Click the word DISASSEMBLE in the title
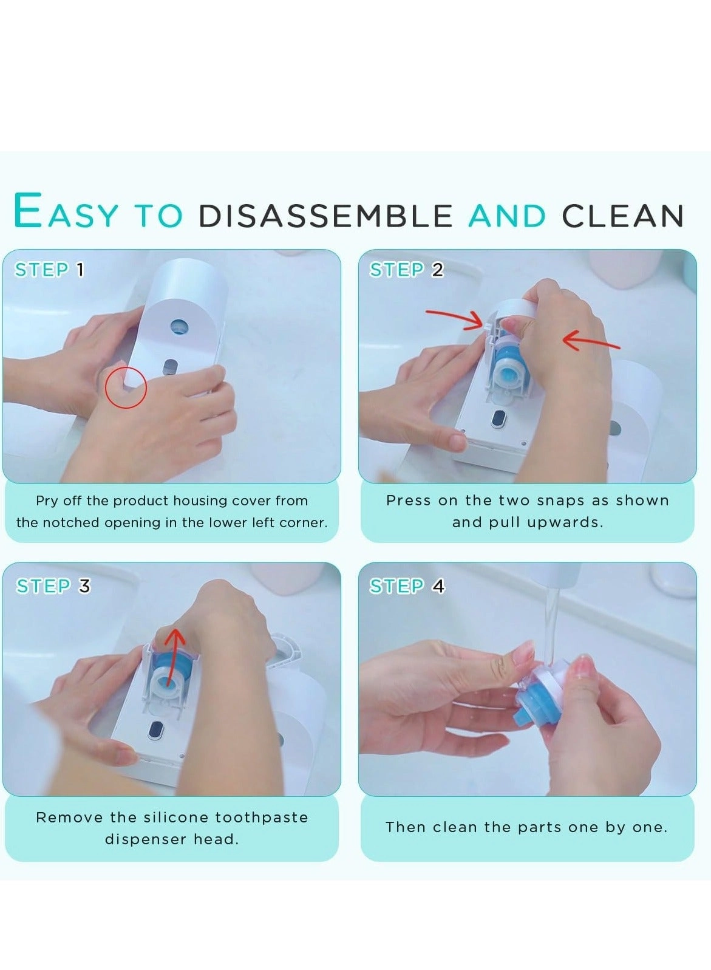(x=325, y=216)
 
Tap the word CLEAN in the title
(x=622, y=216)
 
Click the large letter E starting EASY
(x=28, y=211)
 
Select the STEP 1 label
(x=49, y=270)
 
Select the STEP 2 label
(x=406, y=270)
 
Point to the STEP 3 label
(x=53, y=586)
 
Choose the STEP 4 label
(x=407, y=586)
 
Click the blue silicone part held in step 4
(x=534, y=698)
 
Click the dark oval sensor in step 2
(x=499, y=418)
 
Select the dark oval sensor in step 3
(x=157, y=730)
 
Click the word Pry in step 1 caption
(x=46, y=501)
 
